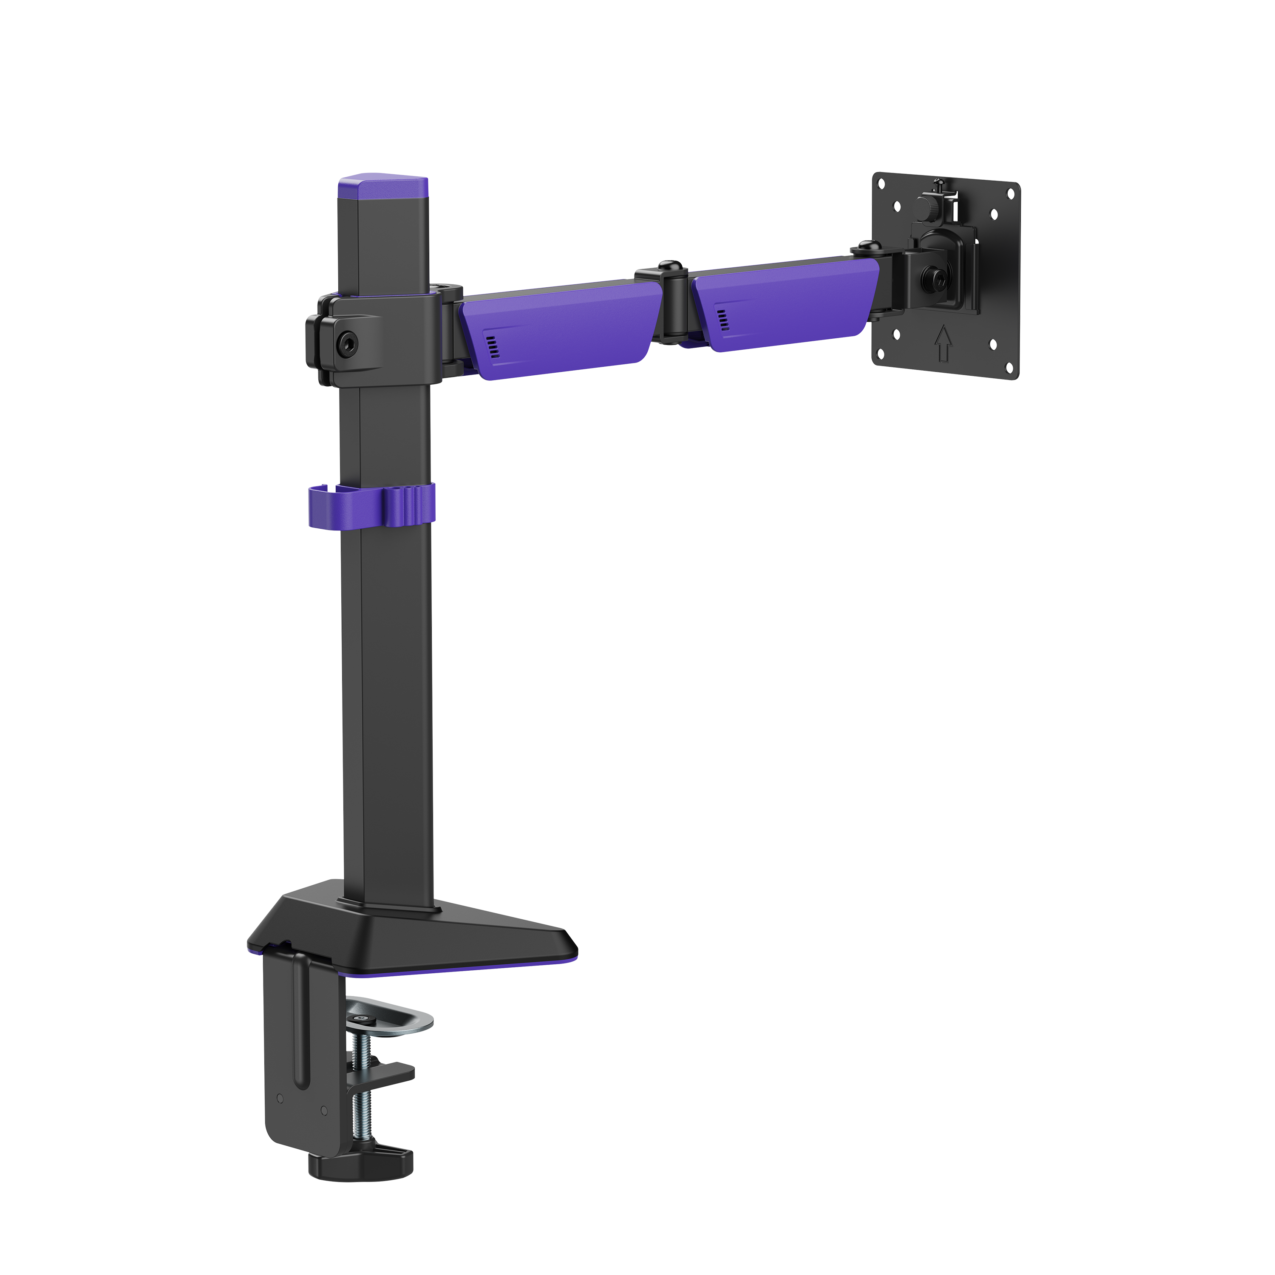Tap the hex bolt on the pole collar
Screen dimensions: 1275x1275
346,342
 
